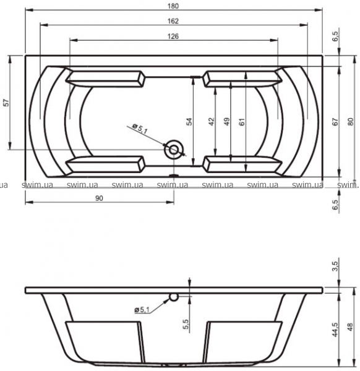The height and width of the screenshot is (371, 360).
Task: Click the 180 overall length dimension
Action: click(173, 6)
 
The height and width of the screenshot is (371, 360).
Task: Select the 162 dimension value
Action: click(173, 21)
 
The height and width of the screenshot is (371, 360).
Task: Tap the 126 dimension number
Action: click(173, 36)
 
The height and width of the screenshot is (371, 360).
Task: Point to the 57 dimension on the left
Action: click(7, 103)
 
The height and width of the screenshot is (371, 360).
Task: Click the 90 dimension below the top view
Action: click(100, 198)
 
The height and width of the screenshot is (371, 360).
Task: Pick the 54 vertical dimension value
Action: click(189, 122)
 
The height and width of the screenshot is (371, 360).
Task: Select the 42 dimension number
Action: click(212, 122)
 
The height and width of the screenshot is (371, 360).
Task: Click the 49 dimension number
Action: click(227, 122)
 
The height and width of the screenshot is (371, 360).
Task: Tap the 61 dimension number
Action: click(242, 122)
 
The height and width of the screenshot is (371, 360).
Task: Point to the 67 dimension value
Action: click(335, 122)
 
